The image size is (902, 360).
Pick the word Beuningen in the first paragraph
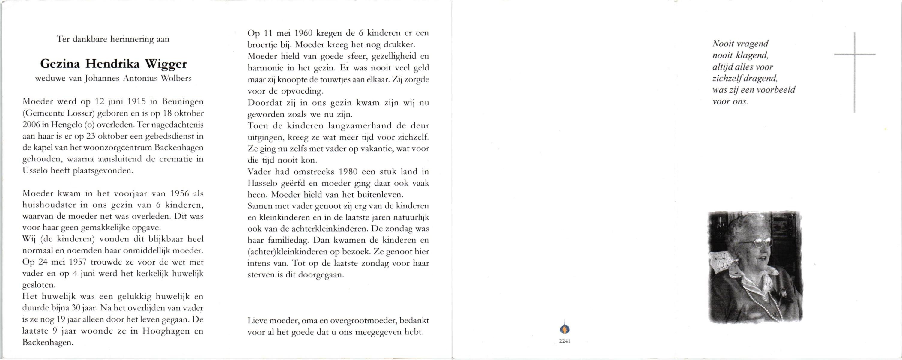click(x=182, y=102)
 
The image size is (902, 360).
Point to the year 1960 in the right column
click(x=303, y=33)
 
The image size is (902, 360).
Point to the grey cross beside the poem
click(x=854, y=55)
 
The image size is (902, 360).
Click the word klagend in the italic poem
click(x=753, y=55)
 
